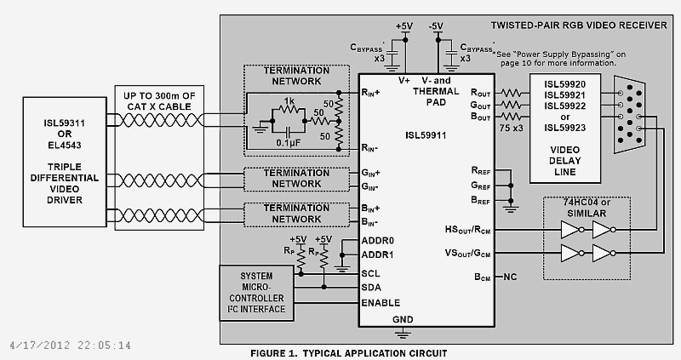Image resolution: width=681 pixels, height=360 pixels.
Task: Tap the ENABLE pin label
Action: coord(380,303)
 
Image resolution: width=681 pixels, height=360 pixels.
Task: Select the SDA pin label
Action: coord(370,288)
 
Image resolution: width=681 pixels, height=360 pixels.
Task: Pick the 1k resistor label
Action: coord(289,100)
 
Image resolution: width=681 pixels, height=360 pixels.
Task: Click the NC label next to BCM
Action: coord(510,277)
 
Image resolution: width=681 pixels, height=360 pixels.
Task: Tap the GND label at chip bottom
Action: coord(403,320)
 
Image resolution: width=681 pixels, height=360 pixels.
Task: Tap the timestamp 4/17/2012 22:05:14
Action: coord(70,346)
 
